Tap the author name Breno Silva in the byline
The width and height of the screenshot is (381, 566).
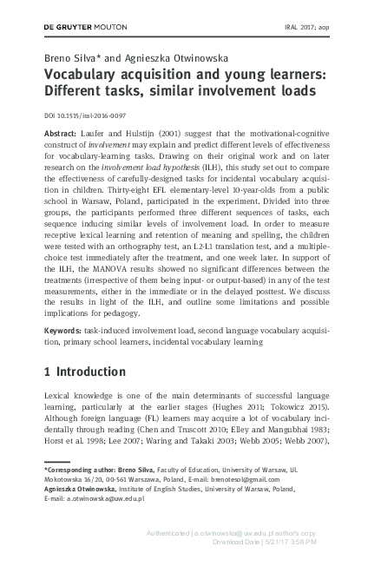coord(69,58)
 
